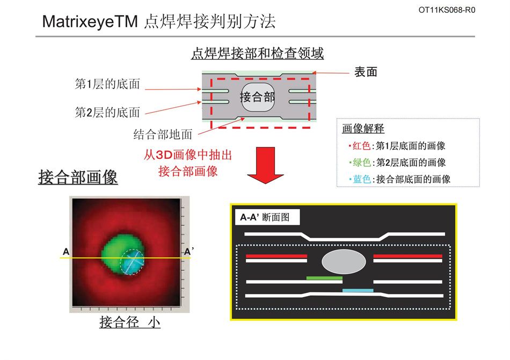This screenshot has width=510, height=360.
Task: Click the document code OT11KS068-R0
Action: [x=447, y=10]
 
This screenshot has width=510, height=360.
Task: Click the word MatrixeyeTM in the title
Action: [x=90, y=22]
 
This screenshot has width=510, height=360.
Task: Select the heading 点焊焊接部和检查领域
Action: [x=257, y=53]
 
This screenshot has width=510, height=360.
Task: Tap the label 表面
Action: [x=366, y=72]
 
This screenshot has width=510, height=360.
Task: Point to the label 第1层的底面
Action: [x=107, y=84]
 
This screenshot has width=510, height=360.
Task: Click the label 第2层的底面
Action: [x=107, y=113]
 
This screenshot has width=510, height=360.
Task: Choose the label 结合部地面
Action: [x=163, y=134]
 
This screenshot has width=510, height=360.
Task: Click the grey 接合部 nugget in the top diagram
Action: [x=258, y=97]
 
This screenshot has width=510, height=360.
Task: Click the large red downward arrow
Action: [x=265, y=165]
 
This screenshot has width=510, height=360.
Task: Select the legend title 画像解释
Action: [x=363, y=129]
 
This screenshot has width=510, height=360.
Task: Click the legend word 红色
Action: [x=362, y=146]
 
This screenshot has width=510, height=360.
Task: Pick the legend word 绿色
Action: [x=362, y=163]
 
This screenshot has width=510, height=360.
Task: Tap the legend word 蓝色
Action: [x=362, y=179]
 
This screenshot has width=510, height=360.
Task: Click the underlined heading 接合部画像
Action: [x=78, y=178]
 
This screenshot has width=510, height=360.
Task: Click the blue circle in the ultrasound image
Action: [x=132, y=262]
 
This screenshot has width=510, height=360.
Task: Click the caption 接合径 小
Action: [x=130, y=322]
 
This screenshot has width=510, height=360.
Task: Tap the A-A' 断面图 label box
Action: [x=267, y=217]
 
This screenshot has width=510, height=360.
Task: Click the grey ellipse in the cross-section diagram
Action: [x=344, y=262]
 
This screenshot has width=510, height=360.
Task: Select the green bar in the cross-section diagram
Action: [x=324, y=278]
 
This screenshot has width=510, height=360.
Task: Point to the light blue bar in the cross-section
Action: [x=358, y=290]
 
